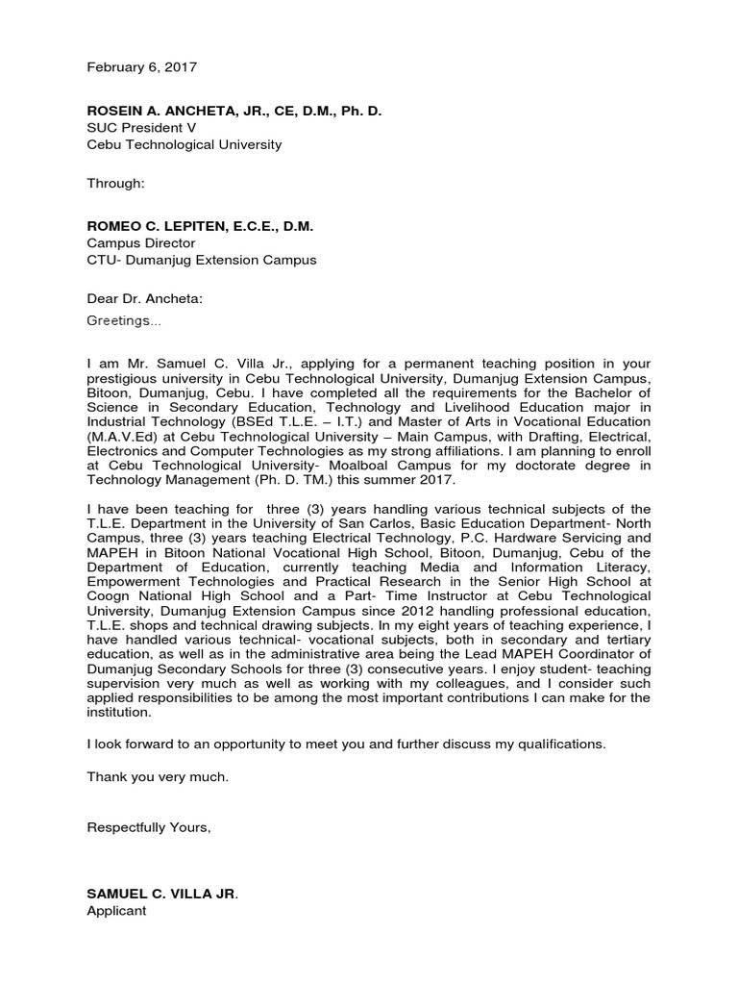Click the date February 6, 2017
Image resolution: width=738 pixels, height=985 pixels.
(142, 67)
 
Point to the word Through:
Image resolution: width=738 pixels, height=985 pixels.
(115, 183)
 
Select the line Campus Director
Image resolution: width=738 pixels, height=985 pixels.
(140, 243)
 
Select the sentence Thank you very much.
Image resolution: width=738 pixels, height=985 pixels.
(159, 775)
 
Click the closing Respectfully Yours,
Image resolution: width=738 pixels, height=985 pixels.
(148, 827)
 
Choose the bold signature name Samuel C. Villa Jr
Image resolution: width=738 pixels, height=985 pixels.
(160, 894)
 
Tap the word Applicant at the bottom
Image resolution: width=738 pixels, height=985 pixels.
(117, 910)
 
